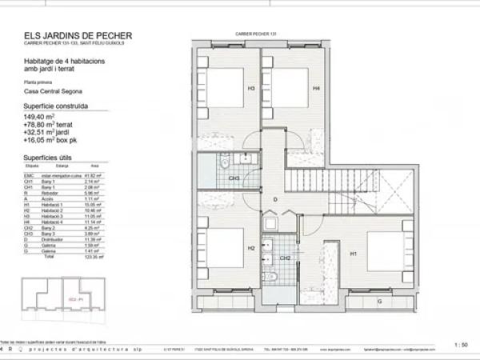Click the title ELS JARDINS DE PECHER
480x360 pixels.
(x=78, y=35)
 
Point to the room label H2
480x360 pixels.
(x=250, y=249)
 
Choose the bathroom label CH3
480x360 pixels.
(x=235, y=178)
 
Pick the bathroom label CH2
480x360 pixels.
(x=286, y=258)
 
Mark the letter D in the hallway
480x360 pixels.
(x=274, y=199)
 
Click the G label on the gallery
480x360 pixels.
(x=379, y=302)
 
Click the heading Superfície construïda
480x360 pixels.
(x=55, y=105)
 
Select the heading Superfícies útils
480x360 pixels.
(x=50, y=158)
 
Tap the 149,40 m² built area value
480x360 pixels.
(x=42, y=117)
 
